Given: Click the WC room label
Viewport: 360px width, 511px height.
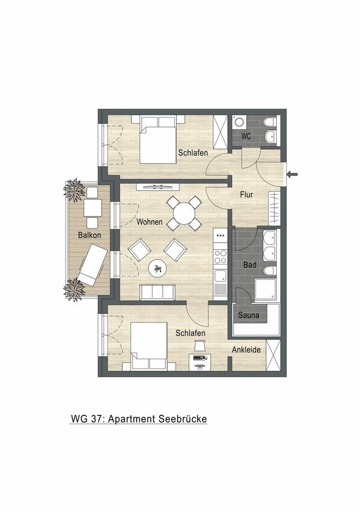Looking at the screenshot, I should tap(245, 136).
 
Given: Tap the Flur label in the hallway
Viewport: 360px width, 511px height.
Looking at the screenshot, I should tap(246, 195).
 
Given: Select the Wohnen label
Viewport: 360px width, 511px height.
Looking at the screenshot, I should tap(150, 222).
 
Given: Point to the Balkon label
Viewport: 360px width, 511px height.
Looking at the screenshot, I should tap(82, 235).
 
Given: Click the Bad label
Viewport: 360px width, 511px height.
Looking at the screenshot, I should tap(250, 265).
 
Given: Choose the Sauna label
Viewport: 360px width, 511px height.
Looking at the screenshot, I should tap(248, 315).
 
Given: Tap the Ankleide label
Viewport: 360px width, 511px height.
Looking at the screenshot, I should tap(246, 349).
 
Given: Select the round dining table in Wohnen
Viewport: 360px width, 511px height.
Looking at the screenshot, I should tap(184, 213).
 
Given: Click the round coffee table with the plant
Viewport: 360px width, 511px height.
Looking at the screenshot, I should tap(157, 269).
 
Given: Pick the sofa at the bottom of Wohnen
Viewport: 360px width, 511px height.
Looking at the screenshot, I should tap(157, 292).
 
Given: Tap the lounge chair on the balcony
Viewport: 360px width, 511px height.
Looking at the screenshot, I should tap(92, 265).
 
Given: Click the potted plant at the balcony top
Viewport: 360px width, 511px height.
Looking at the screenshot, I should tap(74, 190).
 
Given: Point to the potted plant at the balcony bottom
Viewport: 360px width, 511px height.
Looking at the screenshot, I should tap(74, 289).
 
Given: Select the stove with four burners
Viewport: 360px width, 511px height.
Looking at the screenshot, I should tap(220, 257).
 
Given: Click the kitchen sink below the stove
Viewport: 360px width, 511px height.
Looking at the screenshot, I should tap(220, 276).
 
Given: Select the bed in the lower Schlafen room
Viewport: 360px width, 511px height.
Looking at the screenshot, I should tap(148, 346).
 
